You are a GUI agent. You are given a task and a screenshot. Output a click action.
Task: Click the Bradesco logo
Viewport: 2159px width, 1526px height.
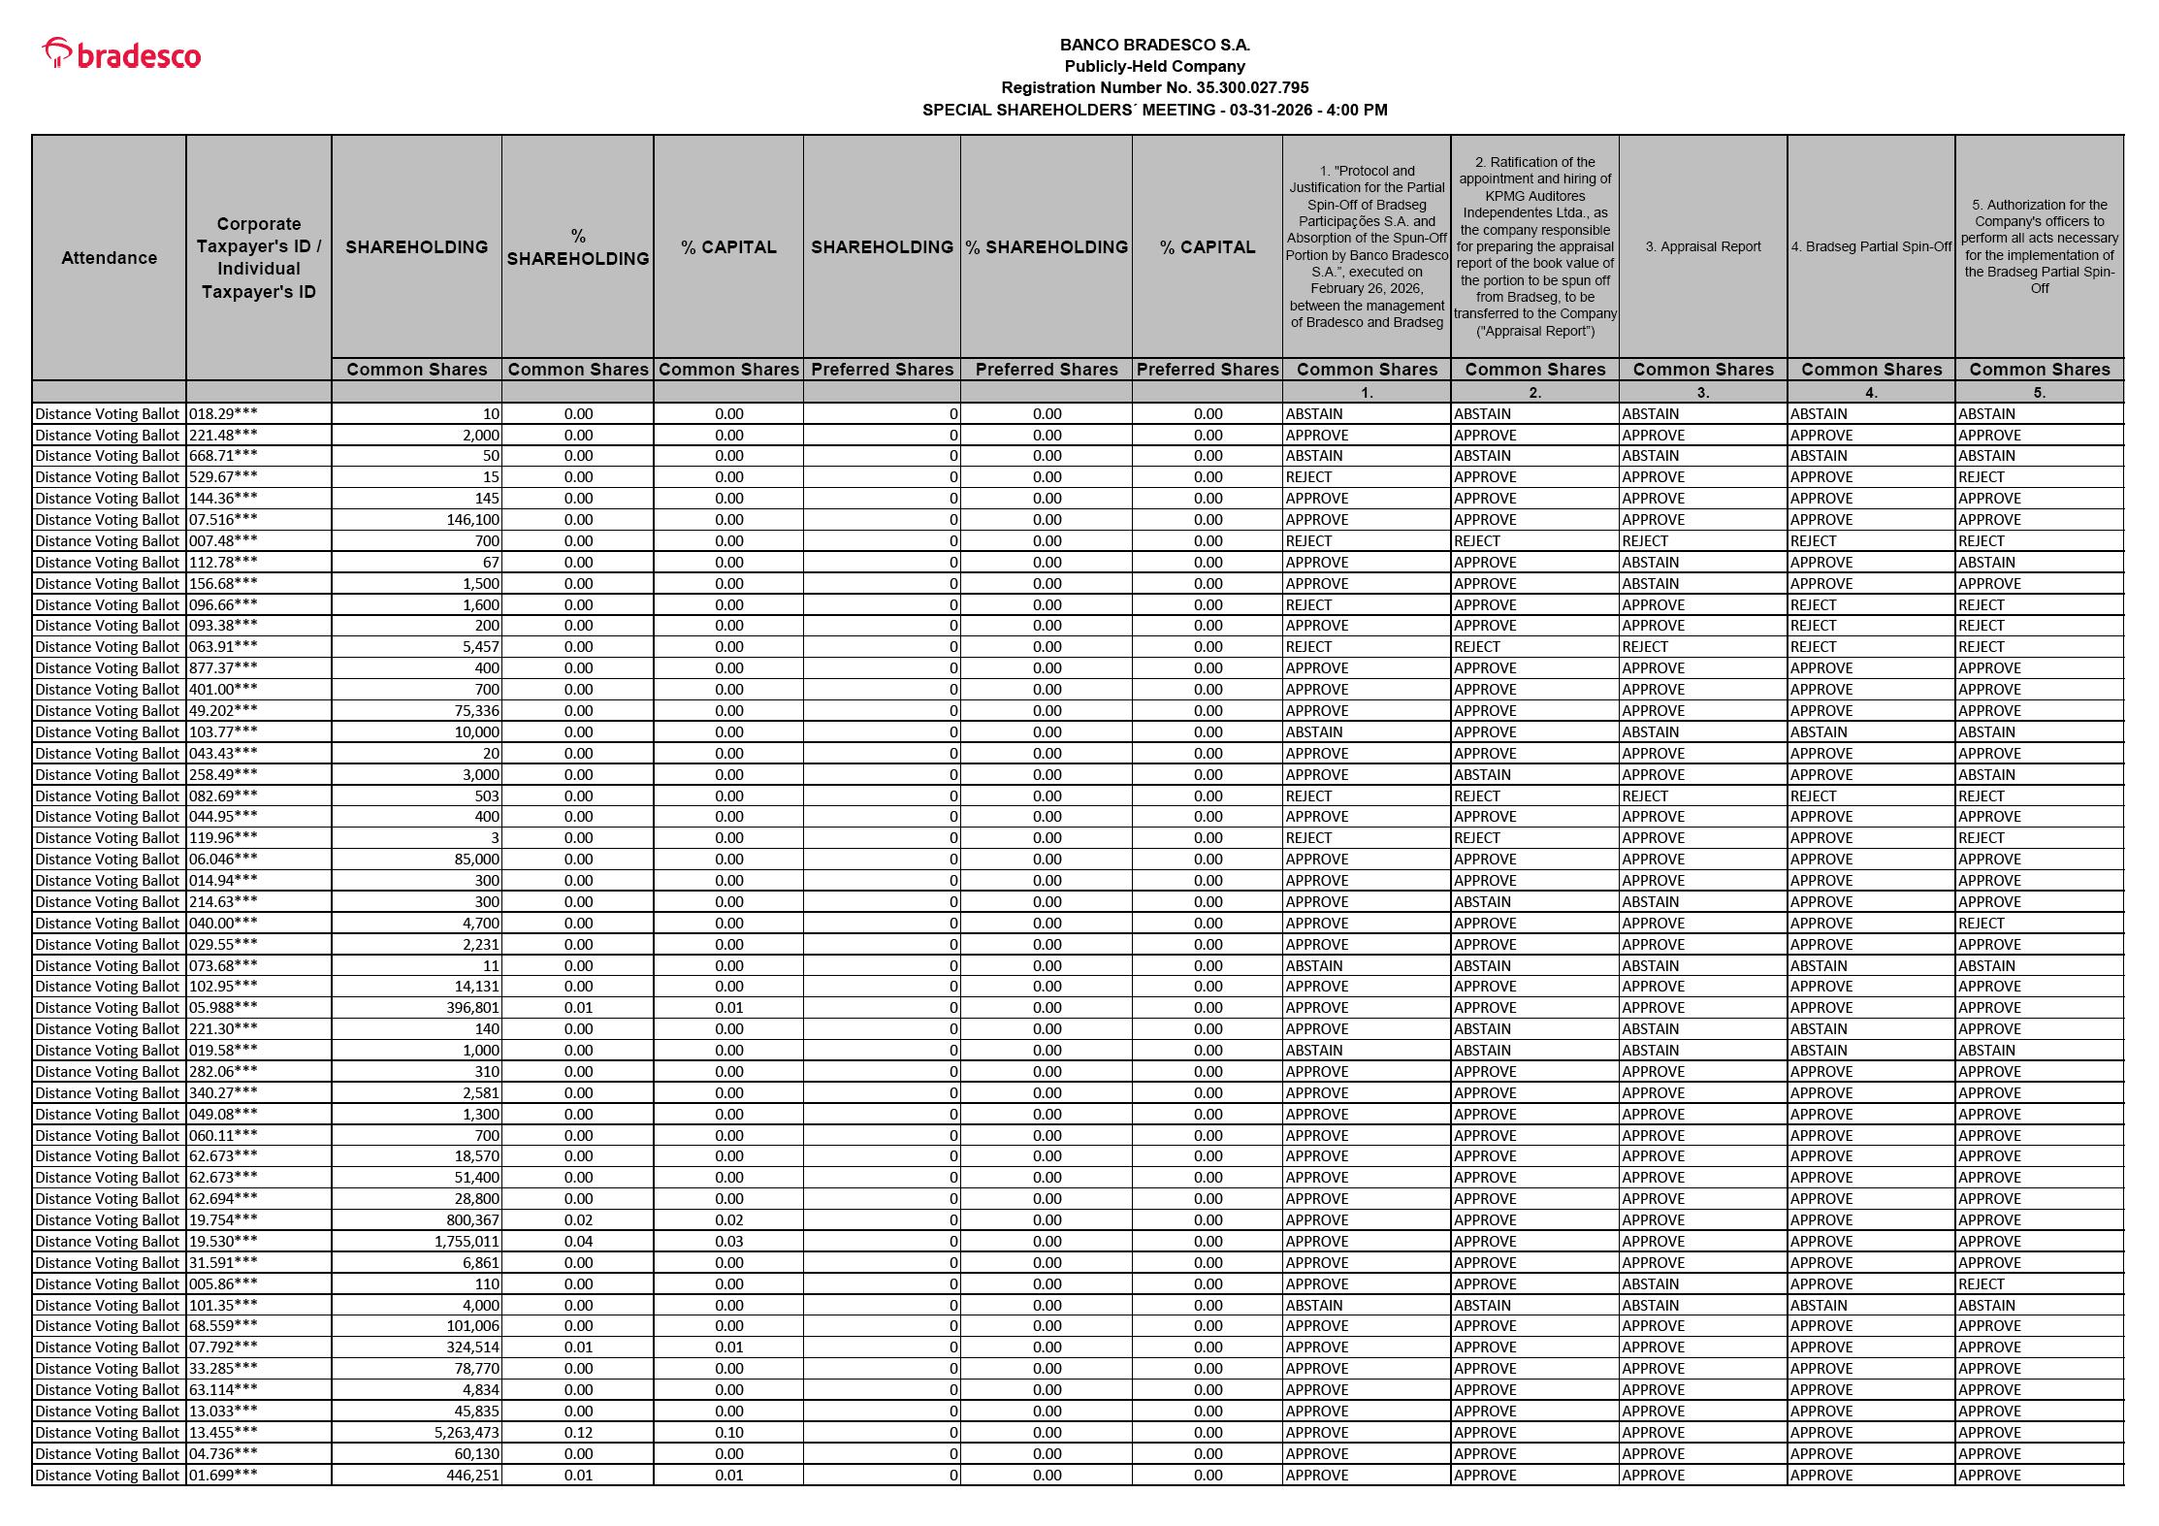point(122,54)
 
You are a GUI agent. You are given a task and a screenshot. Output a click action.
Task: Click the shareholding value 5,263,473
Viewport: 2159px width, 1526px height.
point(466,1432)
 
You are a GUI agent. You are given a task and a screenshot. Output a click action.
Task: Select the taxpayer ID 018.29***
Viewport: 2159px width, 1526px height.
point(223,413)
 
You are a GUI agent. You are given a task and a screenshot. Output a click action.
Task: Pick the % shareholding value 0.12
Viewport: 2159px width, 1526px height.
point(578,1432)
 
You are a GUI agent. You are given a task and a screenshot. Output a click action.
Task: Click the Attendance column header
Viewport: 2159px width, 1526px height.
point(109,257)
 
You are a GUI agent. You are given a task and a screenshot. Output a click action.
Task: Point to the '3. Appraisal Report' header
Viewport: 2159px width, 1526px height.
point(1702,246)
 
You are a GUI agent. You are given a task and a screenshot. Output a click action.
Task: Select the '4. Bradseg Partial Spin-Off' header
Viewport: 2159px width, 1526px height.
point(1870,246)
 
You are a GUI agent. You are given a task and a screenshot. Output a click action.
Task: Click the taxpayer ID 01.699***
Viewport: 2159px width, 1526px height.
point(223,1475)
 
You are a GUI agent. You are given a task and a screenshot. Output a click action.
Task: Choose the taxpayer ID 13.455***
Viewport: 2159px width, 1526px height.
point(223,1432)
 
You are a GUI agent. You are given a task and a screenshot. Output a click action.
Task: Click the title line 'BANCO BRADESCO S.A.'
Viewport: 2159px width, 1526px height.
point(1154,45)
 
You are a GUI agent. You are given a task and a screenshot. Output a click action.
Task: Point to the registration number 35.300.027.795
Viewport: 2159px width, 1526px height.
point(1251,87)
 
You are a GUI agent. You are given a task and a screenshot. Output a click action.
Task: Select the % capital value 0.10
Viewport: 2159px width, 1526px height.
point(728,1432)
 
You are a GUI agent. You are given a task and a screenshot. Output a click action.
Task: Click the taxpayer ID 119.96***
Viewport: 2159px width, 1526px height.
point(223,837)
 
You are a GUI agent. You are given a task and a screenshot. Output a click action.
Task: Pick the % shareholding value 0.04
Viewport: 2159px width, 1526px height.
point(578,1241)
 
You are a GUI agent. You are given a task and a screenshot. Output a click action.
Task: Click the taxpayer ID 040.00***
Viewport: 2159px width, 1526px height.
point(223,923)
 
